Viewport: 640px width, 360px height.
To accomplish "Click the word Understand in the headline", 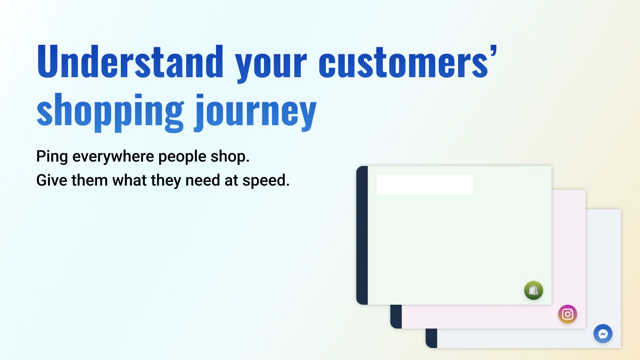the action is click(x=130, y=61).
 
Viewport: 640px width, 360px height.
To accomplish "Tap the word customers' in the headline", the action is click(x=408, y=61).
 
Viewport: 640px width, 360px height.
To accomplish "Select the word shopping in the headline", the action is click(x=110, y=112).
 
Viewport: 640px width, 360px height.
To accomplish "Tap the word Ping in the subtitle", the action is click(x=52, y=156).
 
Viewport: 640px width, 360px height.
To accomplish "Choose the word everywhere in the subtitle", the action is click(x=113, y=156).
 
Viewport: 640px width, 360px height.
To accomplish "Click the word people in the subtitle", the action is click(x=182, y=156).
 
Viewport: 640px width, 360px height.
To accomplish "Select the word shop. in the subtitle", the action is click(x=230, y=156).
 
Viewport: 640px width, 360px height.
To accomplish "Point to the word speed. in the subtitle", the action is click(x=266, y=180).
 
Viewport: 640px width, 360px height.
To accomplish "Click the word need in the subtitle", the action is click(x=202, y=180).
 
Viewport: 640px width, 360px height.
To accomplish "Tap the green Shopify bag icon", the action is click(x=534, y=290).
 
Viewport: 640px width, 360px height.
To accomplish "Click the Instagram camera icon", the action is click(x=568, y=314).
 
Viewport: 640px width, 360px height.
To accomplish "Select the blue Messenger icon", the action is click(x=603, y=334).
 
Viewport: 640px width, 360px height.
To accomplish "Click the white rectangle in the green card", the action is click(x=424, y=185).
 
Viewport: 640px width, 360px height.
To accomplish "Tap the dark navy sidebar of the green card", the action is click(x=362, y=235).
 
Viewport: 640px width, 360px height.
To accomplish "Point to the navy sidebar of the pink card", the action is click(x=396, y=316).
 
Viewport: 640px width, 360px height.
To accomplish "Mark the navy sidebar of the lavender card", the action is click(x=432, y=338).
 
